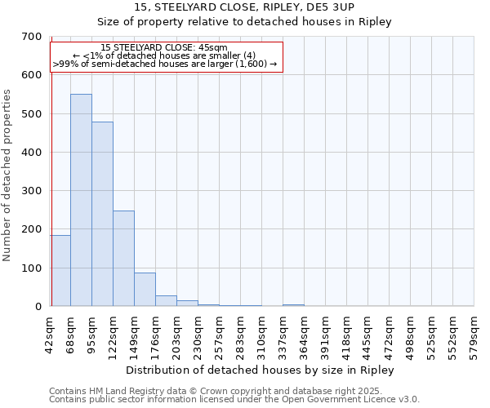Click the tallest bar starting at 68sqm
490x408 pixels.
tap(81, 200)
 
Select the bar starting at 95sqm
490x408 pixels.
tap(102, 214)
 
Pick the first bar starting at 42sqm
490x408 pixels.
tap(60, 270)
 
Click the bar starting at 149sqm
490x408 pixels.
tap(145, 289)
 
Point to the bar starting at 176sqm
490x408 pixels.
tap(166, 300)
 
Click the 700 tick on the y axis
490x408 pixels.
tap(31, 37)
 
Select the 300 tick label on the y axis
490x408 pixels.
tap(31, 191)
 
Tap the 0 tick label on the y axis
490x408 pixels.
tap(38, 307)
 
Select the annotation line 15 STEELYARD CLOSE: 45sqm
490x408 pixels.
tap(165, 48)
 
